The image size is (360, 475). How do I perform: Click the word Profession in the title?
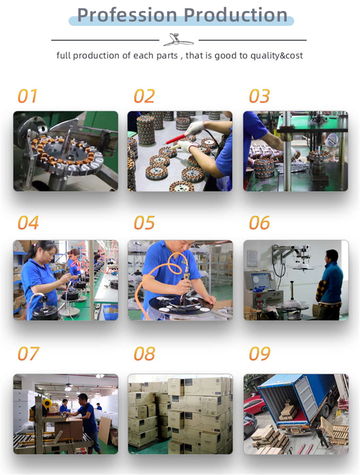click(x=127, y=15)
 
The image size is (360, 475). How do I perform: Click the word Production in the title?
click(x=236, y=15)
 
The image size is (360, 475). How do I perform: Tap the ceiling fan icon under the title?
click(x=178, y=40)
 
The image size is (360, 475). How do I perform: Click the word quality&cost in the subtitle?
click(x=276, y=56)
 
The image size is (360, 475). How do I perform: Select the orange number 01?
click(x=27, y=96)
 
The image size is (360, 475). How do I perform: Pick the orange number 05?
click(x=144, y=222)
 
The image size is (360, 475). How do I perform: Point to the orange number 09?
click(x=259, y=353)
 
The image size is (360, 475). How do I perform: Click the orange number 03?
click(x=259, y=96)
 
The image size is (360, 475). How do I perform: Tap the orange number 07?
click(x=28, y=353)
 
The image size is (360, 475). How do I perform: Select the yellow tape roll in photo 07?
click(x=47, y=403)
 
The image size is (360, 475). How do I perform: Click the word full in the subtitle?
click(x=64, y=55)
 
